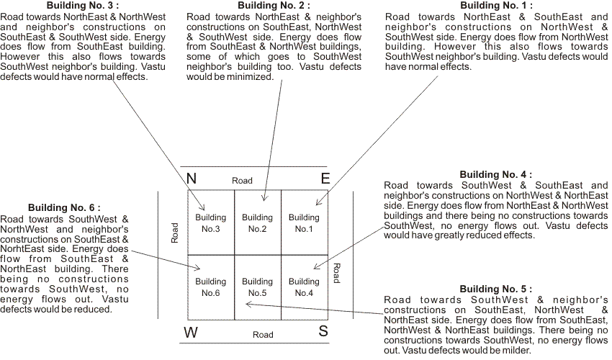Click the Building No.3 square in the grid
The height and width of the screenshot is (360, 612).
[210, 222]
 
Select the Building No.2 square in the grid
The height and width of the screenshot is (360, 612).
[257, 222]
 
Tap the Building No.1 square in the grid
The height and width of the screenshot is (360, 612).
[304, 222]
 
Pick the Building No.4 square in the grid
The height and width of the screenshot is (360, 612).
[304, 287]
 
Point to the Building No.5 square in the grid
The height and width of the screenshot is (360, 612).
[257, 287]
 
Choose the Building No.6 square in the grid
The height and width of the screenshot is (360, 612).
[210, 287]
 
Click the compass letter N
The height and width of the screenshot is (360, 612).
[192, 179]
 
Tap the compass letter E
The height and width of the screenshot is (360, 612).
[325, 179]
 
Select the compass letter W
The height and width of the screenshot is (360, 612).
[191, 333]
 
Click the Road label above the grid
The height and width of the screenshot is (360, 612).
[242, 180]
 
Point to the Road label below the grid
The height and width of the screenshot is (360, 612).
[263, 335]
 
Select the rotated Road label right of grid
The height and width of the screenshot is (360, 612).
[336, 273]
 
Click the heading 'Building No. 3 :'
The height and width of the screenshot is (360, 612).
[84, 6]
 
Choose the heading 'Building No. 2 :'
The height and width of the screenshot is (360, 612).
[269, 6]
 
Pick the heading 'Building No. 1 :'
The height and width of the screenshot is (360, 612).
[496, 6]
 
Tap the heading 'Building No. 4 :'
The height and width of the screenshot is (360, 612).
[496, 174]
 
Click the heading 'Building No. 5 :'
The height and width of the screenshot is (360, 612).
[496, 289]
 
